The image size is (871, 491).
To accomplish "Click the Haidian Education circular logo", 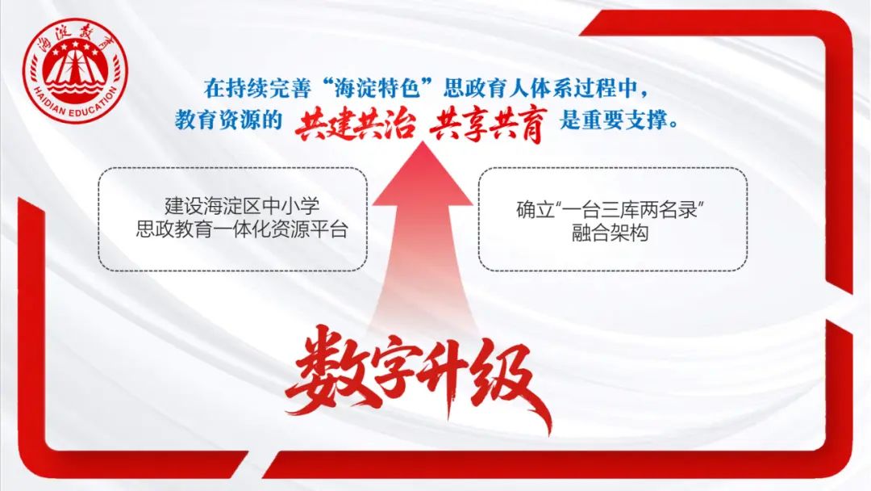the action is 75,70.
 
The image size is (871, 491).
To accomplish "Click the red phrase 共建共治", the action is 355,123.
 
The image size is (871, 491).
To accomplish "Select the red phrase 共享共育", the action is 488,124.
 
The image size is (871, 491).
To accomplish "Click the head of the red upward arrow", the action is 423,173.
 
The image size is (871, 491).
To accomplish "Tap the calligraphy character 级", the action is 508,384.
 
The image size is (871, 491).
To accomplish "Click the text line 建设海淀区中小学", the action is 242,206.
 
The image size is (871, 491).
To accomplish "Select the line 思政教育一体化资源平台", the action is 242,229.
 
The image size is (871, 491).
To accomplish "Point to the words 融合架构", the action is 611,233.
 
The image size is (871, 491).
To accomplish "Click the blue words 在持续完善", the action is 258,88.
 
